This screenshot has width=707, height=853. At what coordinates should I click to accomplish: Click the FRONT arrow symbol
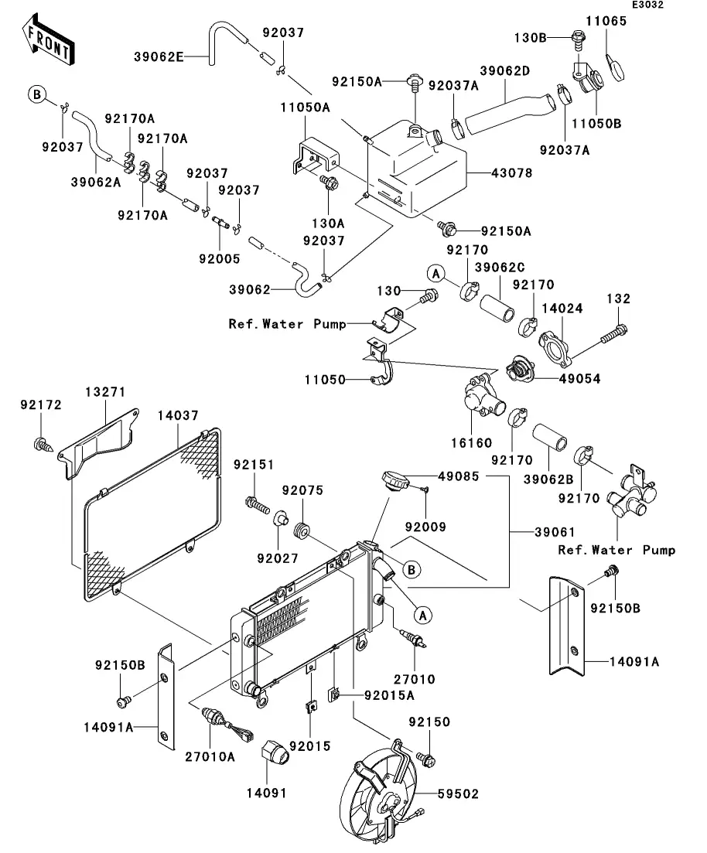[x=46, y=43]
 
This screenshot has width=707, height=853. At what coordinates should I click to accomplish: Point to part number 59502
[x=459, y=794]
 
